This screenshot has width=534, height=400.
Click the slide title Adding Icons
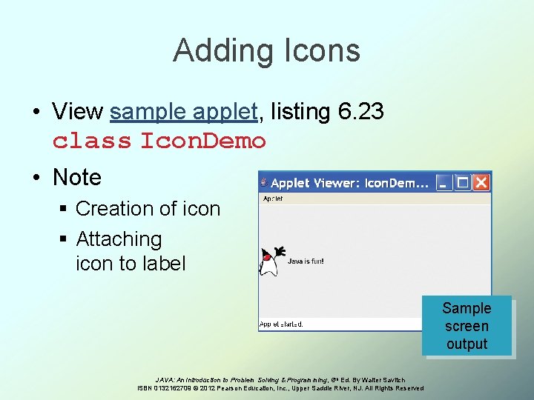pyautogui.click(x=266, y=50)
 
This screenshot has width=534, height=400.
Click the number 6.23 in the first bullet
pyautogui.click(x=360, y=112)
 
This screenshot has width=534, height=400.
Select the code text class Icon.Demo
pyautogui.click(x=159, y=140)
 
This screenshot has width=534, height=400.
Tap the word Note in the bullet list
pyautogui.click(x=77, y=177)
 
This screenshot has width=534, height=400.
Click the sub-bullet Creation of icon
pyautogui.click(x=148, y=209)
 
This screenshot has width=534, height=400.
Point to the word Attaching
pyautogui.click(x=119, y=239)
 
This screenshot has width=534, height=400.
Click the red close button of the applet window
pyautogui.click(x=481, y=181)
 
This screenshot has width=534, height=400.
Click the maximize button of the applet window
pyautogui.click(x=463, y=181)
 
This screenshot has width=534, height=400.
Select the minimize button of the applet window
pyautogui.click(x=444, y=181)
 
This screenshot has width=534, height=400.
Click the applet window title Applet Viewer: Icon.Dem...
pyautogui.click(x=349, y=182)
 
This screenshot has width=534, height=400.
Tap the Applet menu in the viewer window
pyautogui.click(x=272, y=199)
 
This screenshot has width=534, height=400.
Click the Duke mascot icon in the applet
pyautogui.click(x=271, y=261)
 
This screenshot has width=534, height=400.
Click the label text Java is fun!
pyautogui.click(x=306, y=261)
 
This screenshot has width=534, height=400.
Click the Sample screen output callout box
pyautogui.click(x=467, y=326)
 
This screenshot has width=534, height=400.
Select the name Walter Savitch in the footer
pyautogui.click(x=383, y=380)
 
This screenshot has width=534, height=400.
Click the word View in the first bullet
pyautogui.click(x=77, y=112)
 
